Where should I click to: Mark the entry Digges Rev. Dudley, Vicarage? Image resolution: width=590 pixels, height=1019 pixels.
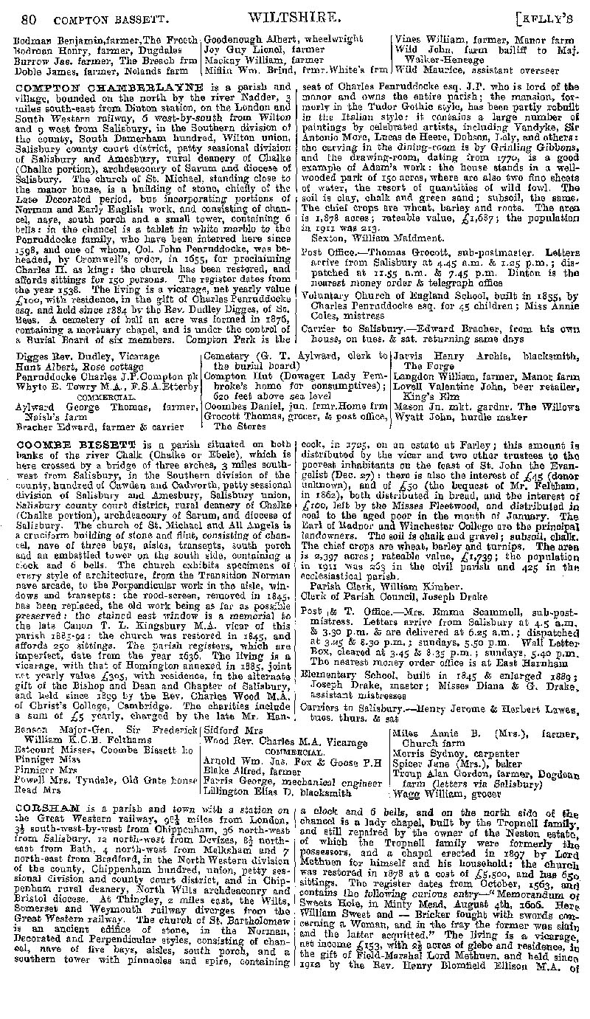tap(72, 356)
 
